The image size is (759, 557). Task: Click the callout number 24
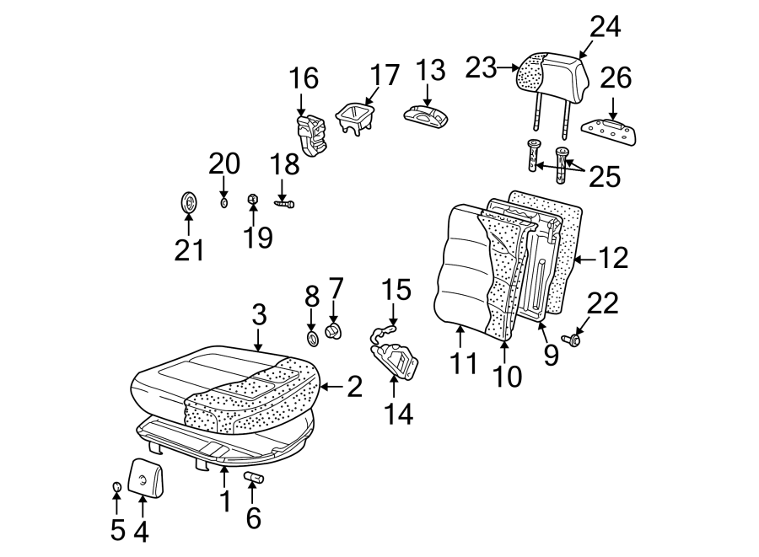pyautogui.click(x=605, y=27)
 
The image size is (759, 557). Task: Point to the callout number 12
pyautogui.click(x=614, y=258)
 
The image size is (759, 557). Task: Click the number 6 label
pyautogui.click(x=253, y=518)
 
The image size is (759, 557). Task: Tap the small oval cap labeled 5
pyautogui.click(x=117, y=488)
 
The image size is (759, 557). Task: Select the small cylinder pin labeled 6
pyautogui.click(x=254, y=479)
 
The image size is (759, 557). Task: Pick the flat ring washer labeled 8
pyautogui.click(x=312, y=339)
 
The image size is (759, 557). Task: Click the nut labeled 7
pyautogui.click(x=334, y=329)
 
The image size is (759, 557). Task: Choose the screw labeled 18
pyautogui.click(x=284, y=202)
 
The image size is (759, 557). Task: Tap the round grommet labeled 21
pyautogui.click(x=190, y=203)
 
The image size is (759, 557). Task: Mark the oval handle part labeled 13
pyautogui.click(x=429, y=115)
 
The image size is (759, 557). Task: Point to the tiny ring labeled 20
pyautogui.click(x=224, y=202)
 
